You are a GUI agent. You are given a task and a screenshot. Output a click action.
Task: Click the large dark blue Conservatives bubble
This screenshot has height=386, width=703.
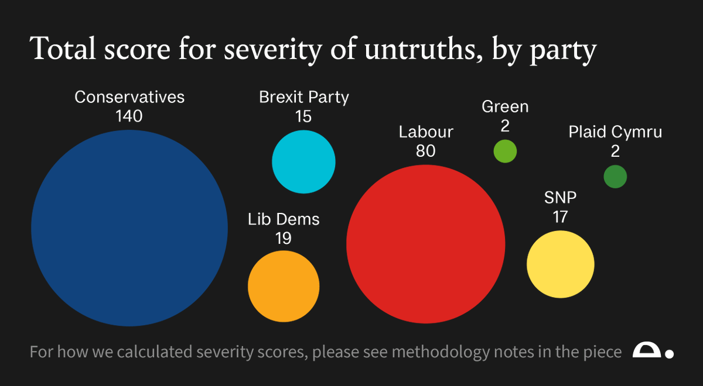pyautogui.click(x=129, y=228)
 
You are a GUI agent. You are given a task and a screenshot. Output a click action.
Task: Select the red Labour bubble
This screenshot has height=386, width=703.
pyautogui.click(x=425, y=244)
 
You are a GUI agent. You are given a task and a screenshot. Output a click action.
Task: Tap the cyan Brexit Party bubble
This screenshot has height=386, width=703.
pyautogui.click(x=303, y=162)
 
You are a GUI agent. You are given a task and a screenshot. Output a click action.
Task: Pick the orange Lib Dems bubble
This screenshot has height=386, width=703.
pyautogui.click(x=284, y=287)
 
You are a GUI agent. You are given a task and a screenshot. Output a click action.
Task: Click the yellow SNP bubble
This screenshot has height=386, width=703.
pyautogui.click(x=560, y=264)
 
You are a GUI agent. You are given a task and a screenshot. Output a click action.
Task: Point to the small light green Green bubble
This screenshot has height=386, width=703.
pyautogui.click(x=505, y=151)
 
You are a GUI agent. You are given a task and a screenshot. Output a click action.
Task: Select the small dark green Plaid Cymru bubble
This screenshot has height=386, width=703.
pyautogui.click(x=615, y=177)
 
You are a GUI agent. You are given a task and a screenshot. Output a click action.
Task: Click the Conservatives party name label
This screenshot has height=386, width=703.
pyautogui.click(x=129, y=97)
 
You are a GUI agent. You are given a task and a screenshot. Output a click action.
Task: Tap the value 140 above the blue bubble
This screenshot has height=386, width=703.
pyautogui.click(x=129, y=116)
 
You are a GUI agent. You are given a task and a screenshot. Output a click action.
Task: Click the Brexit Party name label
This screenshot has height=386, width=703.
pyautogui.click(x=303, y=97)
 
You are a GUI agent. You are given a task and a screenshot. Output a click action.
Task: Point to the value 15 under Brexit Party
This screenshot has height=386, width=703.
pyautogui.click(x=303, y=116)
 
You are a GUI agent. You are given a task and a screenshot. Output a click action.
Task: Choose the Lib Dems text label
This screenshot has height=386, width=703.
pyautogui.click(x=284, y=219)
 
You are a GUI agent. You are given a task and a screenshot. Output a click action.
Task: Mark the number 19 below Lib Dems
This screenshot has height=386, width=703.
pyautogui.click(x=284, y=238)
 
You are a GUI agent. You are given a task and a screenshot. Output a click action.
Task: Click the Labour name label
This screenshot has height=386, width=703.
pyautogui.click(x=426, y=132)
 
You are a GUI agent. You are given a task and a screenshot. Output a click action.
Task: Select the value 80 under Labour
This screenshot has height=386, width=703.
pyautogui.click(x=426, y=151)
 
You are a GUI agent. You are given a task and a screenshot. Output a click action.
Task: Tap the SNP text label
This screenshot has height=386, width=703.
pyautogui.click(x=560, y=198)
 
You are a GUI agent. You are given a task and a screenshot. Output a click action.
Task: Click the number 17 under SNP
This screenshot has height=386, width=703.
pyautogui.click(x=560, y=217)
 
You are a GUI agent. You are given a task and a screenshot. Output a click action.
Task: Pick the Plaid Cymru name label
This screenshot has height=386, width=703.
pyautogui.click(x=615, y=132)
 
